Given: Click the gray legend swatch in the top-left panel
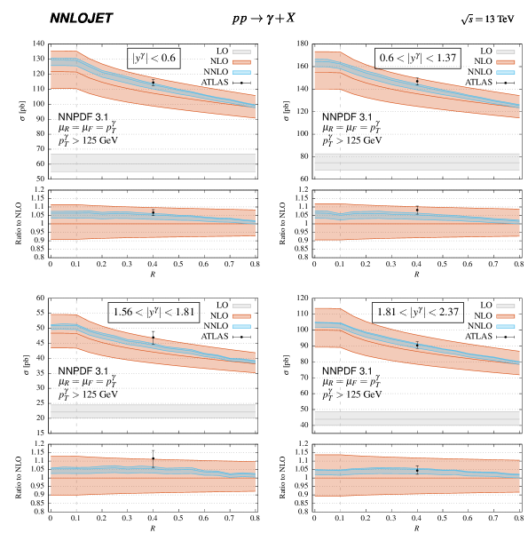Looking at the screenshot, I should pyautogui.click(x=241, y=52).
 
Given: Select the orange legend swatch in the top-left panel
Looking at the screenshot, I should pyautogui.click(x=241, y=62).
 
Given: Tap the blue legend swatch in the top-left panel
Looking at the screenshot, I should pyautogui.click(x=241, y=72).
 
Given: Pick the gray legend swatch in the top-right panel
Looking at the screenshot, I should pyautogui.click(x=505, y=52).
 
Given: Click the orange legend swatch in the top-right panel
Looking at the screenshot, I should pyautogui.click(x=505, y=62).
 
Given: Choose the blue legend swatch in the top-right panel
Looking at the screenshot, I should pyautogui.click(x=505, y=72).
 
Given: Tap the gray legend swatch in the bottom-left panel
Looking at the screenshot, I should pyautogui.click(x=241, y=306).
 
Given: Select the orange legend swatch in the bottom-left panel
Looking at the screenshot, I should pyautogui.click(x=241, y=316).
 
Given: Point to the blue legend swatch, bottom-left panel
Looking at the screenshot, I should pyautogui.click(x=241, y=326).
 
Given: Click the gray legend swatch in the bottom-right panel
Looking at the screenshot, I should pyautogui.click(x=505, y=306).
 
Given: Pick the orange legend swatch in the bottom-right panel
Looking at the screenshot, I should pyautogui.click(x=505, y=316).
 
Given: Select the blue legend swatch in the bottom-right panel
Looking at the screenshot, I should pyautogui.click(x=505, y=326).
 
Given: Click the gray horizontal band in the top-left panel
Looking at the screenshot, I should pyautogui.click(x=153, y=163).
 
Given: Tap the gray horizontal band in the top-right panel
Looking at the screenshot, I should pyautogui.click(x=417, y=163).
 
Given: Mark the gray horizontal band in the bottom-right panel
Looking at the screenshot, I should pyautogui.click(x=417, y=418).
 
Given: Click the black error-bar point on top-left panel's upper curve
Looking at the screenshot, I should pyautogui.click(x=153, y=83).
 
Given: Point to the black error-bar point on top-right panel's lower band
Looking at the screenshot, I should pyautogui.click(x=417, y=211).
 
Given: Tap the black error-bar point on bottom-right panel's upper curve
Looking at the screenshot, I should pyautogui.click(x=417, y=345).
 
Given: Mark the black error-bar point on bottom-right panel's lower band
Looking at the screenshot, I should pyautogui.click(x=417, y=470).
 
